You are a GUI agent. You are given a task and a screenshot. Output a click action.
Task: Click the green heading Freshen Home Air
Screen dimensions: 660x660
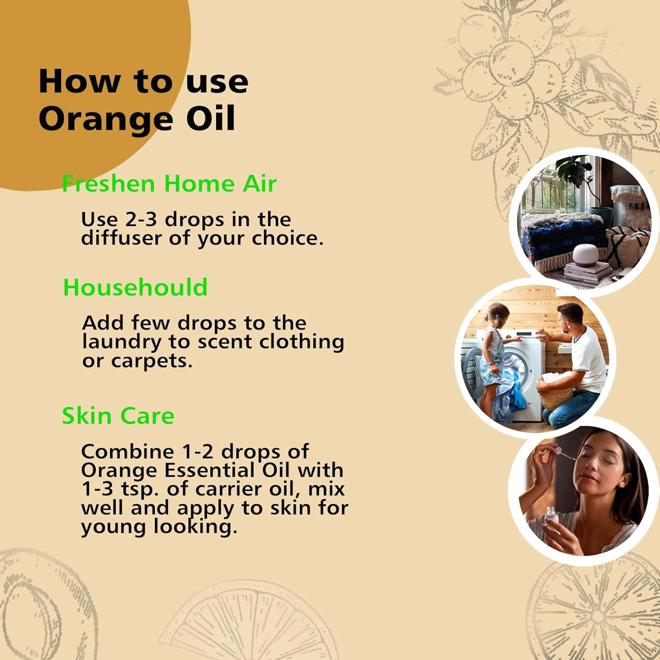[x=169, y=184]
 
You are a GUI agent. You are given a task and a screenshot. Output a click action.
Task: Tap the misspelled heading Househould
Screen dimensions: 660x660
[x=135, y=288]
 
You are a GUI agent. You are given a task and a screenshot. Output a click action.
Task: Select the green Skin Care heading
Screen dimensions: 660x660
[x=118, y=416]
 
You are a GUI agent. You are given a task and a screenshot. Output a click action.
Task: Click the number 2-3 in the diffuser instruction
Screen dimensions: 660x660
[x=141, y=220]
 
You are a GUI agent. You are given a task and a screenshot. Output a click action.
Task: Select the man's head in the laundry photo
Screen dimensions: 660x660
[x=571, y=317]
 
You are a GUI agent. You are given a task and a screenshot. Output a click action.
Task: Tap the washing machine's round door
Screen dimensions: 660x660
[x=516, y=367]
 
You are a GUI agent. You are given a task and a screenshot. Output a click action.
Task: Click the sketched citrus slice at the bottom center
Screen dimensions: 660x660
[x=249, y=621]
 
